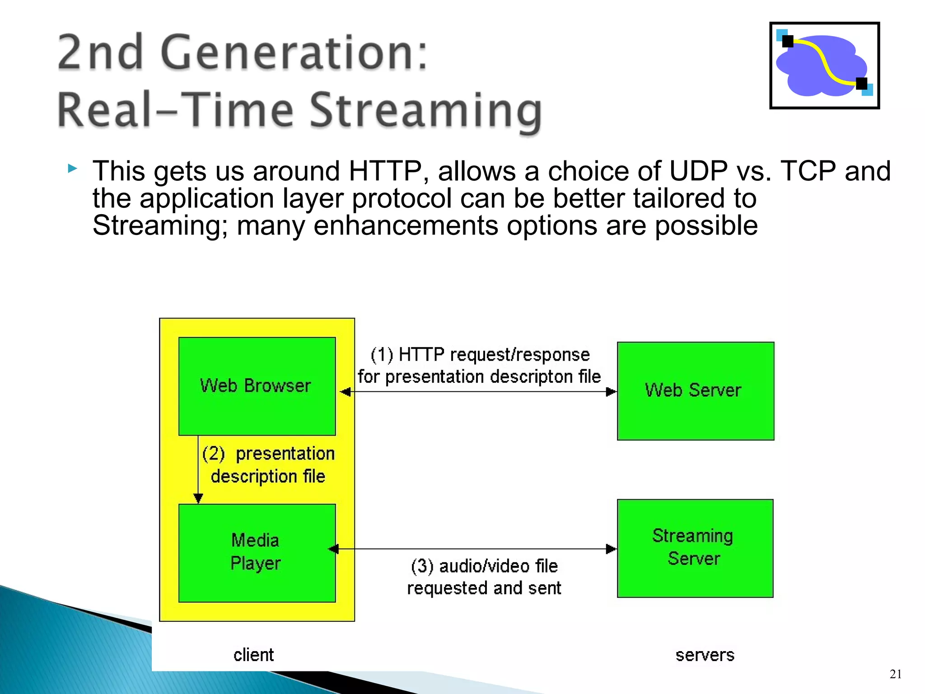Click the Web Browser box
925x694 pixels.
point(257,386)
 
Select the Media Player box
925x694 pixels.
point(257,553)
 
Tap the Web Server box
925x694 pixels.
point(695,391)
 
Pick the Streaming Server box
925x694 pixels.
point(695,548)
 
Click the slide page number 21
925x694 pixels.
point(896,674)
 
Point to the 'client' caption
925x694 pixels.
point(253,655)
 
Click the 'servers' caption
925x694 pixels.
point(705,655)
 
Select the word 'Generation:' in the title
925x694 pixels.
point(294,53)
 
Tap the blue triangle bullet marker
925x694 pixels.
point(72,169)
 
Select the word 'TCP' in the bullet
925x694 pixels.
point(808,171)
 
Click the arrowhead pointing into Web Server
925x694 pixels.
point(611,392)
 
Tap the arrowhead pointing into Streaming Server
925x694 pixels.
point(611,549)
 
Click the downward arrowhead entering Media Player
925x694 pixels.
point(198,498)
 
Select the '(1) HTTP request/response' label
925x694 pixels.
point(480,355)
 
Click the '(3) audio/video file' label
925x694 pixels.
point(484,566)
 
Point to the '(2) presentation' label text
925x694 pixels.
point(269,454)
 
